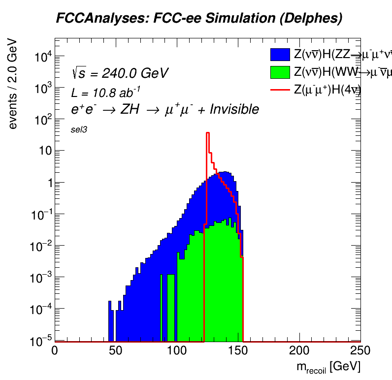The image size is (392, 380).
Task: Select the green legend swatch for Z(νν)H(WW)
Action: pos(280,72)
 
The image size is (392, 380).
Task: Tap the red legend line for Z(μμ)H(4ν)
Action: pos(280,89)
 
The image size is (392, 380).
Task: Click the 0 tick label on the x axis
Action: pos(55,351)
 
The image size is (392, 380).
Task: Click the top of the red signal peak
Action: pos(208,133)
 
